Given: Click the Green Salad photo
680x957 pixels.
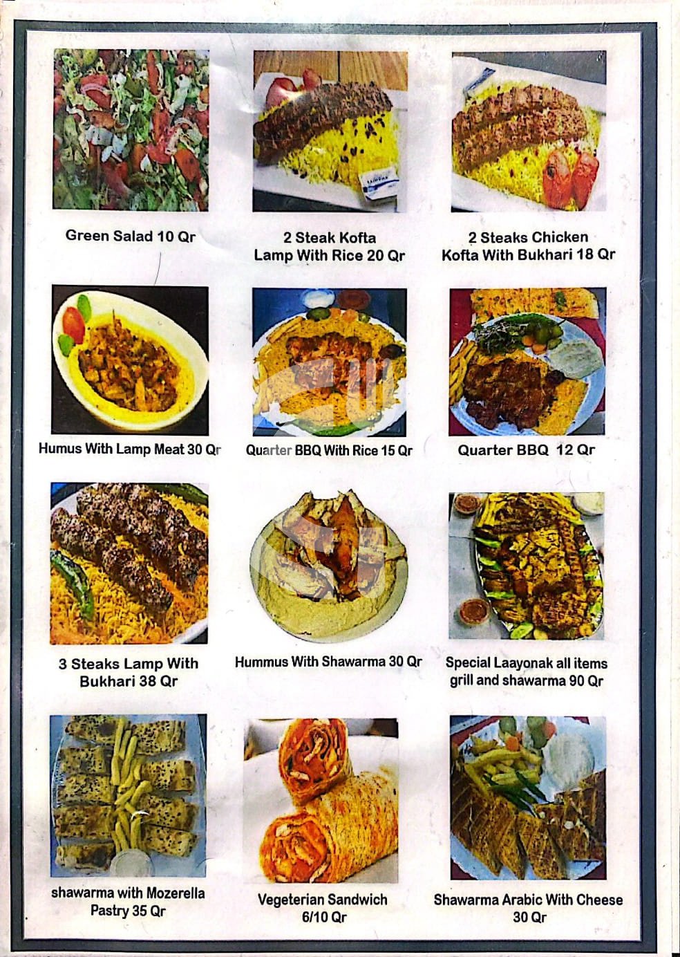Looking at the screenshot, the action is click(131, 130).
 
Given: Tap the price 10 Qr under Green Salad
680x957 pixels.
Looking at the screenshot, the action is click(176, 236).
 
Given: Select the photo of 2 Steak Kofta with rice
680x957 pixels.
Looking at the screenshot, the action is click(330, 131).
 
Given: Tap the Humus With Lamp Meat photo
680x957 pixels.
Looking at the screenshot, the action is click(130, 360).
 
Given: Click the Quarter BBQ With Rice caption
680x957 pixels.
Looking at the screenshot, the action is click(329, 450).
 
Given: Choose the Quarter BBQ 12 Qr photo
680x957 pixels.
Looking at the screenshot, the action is click(527, 362).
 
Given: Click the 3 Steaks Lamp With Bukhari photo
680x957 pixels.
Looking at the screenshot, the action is click(129, 563).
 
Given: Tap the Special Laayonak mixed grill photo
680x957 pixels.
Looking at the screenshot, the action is click(527, 566).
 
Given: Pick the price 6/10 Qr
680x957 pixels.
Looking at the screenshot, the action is click(324, 918).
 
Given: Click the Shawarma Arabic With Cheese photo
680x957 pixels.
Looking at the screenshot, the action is click(528, 798).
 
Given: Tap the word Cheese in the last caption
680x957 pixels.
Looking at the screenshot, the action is click(599, 900).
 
